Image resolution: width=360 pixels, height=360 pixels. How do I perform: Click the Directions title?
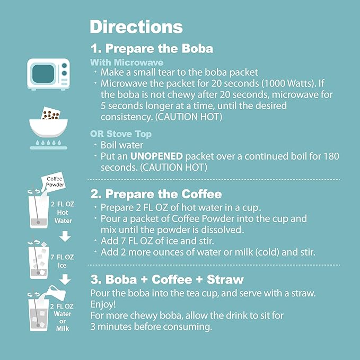[x=136, y=27]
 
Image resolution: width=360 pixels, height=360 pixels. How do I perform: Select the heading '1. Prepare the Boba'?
[x=152, y=49]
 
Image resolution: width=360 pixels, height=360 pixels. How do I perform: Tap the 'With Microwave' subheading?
[x=127, y=63]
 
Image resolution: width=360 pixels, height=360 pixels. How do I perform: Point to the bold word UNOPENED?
[x=159, y=156]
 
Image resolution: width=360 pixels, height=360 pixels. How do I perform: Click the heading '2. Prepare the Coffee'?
[x=156, y=194]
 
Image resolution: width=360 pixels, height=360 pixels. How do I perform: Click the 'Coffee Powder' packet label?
[x=55, y=182]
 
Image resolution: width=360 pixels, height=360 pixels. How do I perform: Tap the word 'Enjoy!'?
[x=103, y=304]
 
